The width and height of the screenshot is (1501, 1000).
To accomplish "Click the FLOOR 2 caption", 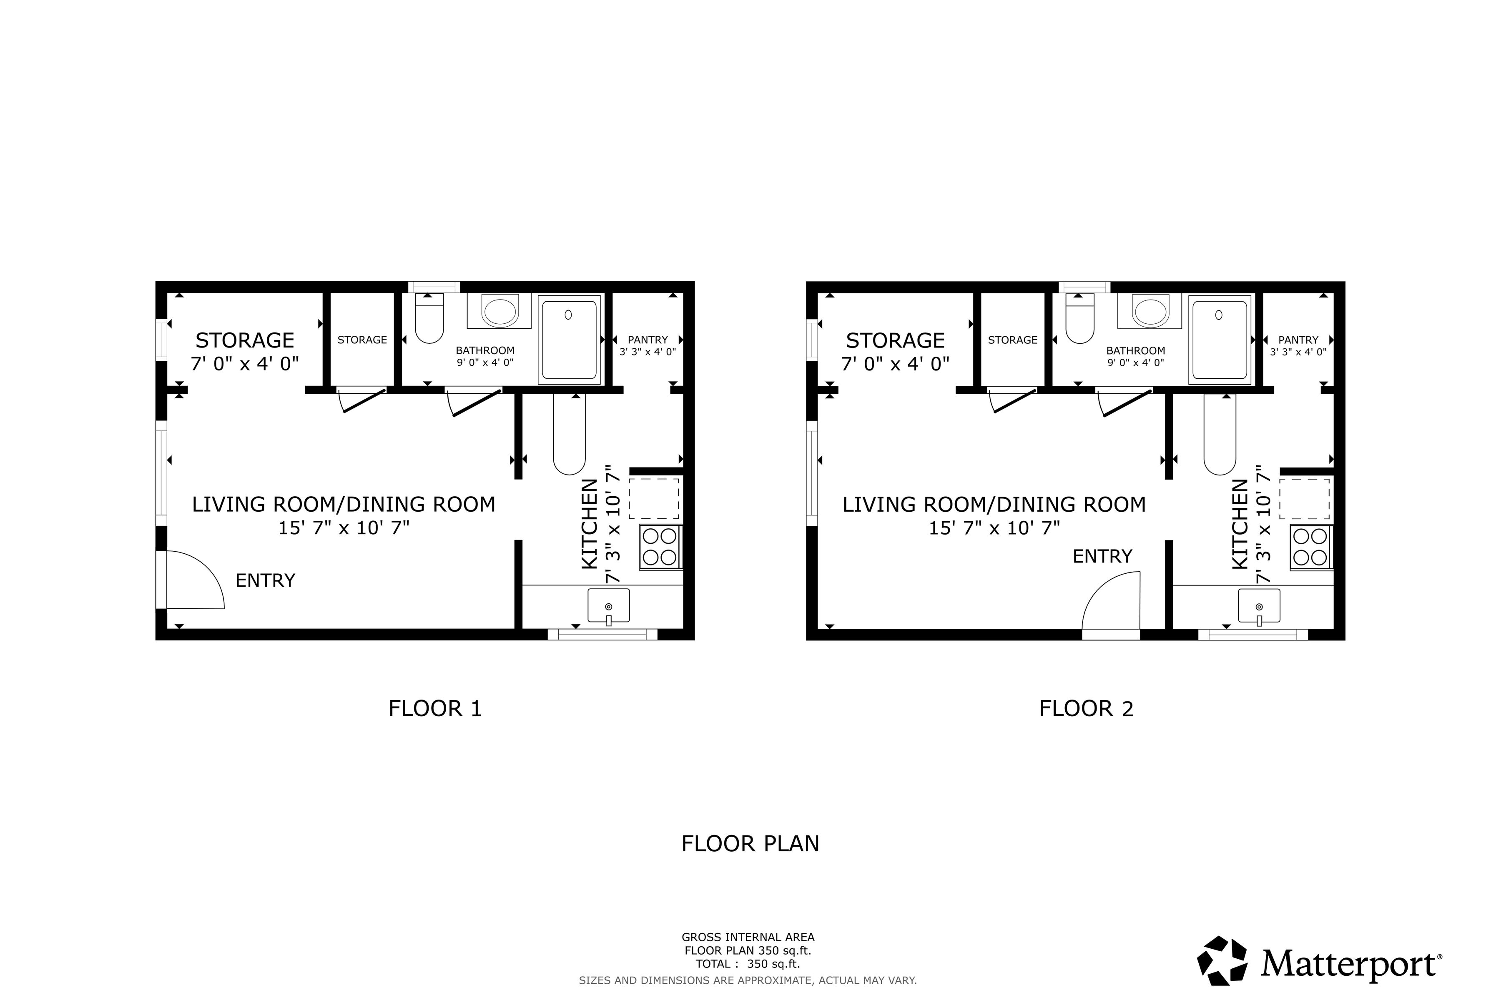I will [x=1086, y=709].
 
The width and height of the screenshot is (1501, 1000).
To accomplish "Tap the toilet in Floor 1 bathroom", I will [x=429, y=319].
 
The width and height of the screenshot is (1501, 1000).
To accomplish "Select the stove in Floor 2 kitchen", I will [x=1310, y=547].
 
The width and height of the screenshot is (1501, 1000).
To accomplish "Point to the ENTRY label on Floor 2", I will [x=1102, y=557].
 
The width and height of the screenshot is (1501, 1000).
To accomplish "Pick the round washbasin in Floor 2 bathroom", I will [x=1150, y=312].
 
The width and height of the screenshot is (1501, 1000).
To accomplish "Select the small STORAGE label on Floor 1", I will [x=362, y=340].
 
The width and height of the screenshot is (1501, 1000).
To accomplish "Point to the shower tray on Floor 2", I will [x=1219, y=340].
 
